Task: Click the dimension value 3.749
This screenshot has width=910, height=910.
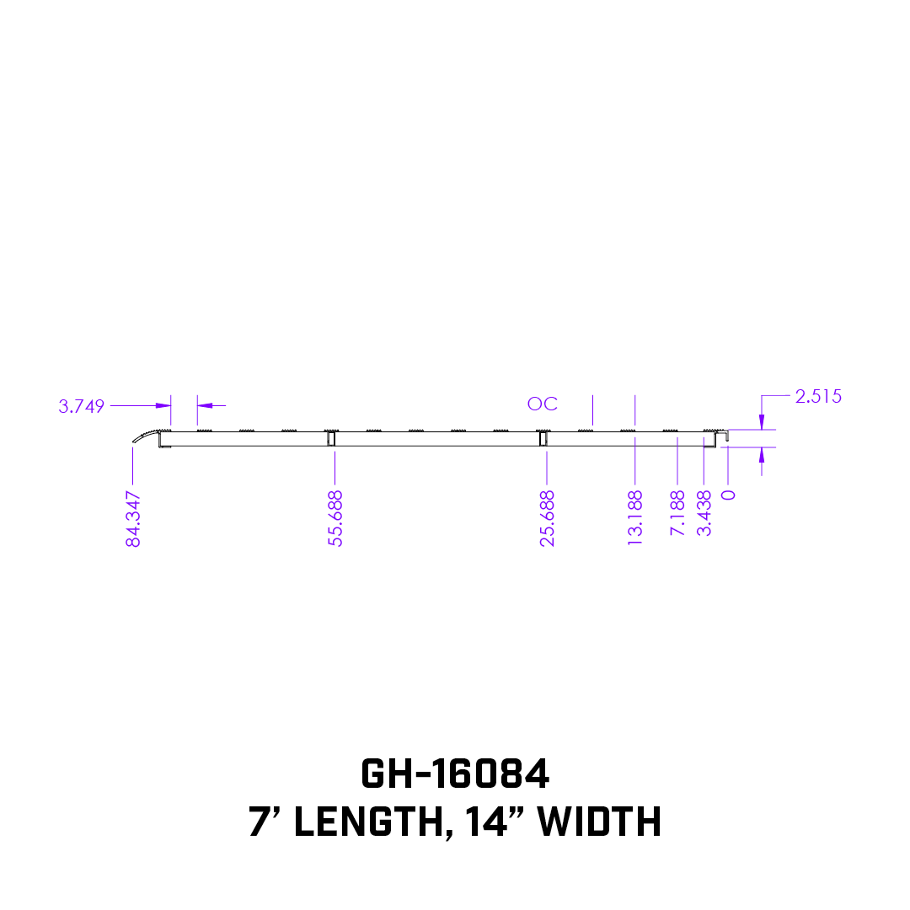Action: [x=81, y=406]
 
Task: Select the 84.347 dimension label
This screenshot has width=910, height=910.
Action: [x=133, y=518]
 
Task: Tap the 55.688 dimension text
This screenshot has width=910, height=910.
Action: [x=335, y=518]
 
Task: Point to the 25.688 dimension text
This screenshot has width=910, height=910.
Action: [x=548, y=518]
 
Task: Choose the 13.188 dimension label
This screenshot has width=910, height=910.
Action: [x=635, y=518]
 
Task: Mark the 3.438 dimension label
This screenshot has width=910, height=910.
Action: [x=704, y=513]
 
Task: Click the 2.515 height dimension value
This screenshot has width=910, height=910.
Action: [x=817, y=397]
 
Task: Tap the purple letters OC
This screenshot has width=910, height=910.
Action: [x=542, y=404]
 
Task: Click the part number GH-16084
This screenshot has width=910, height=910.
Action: [x=455, y=773]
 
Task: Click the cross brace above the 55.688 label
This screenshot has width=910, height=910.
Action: [x=331, y=438]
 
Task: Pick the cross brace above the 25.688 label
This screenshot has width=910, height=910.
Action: [x=543, y=438]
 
